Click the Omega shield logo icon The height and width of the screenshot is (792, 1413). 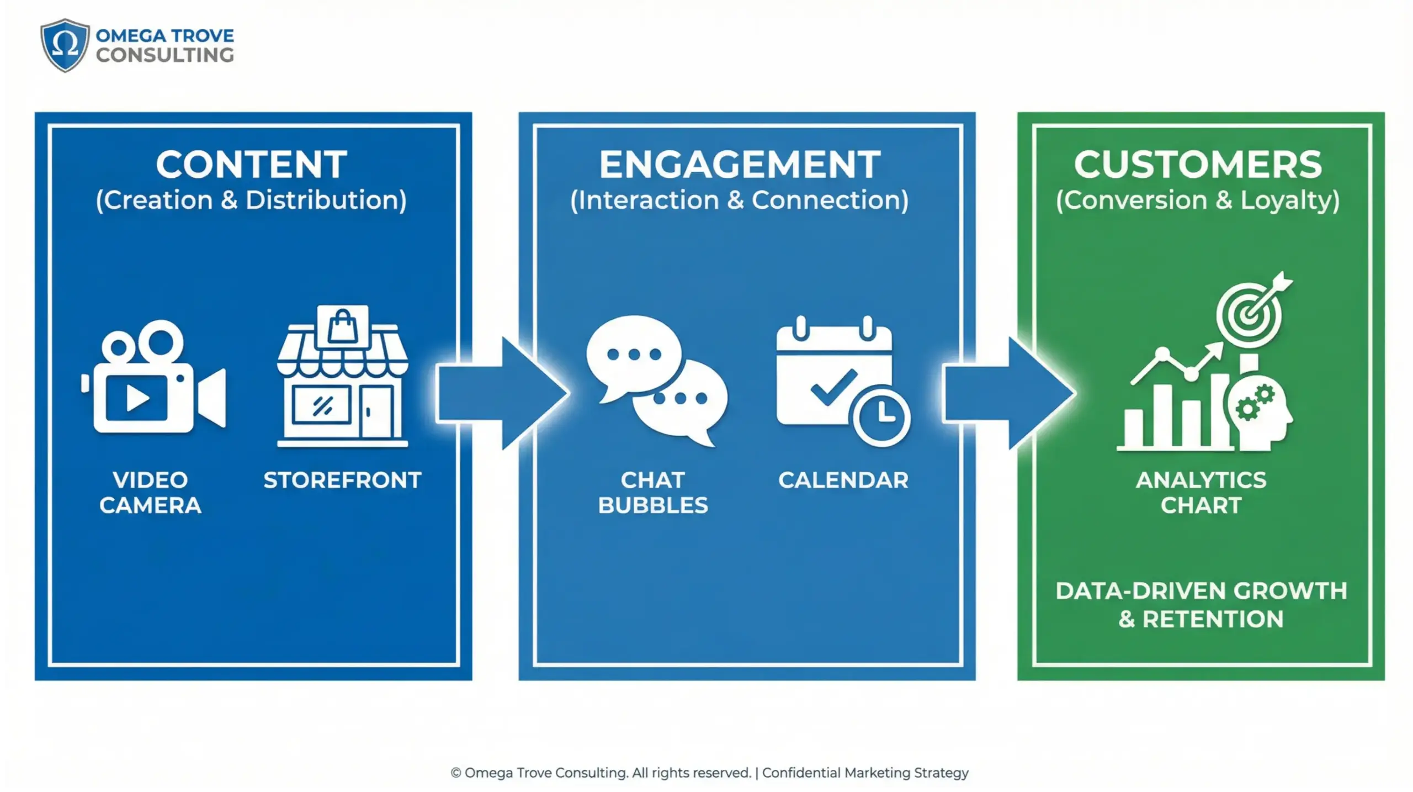click(65, 45)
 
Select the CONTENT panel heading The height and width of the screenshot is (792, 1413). click(252, 165)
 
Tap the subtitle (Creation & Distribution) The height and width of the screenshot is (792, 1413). click(252, 200)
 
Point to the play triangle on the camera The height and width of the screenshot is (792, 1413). click(137, 398)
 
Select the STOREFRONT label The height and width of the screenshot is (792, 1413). click(343, 481)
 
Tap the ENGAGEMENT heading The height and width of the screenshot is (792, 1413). click(740, 165)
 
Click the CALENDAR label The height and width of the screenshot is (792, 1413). click(843, 481)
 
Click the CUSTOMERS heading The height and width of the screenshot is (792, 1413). click(1198, 165)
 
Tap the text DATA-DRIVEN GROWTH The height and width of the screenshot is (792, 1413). click(1201, 592)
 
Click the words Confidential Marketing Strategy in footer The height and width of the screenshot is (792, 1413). click(865, 773)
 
